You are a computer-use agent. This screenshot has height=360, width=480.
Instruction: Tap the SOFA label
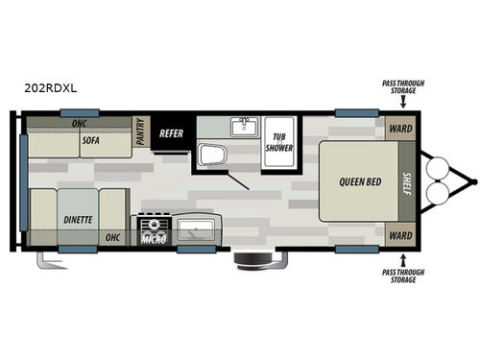coord(91,139)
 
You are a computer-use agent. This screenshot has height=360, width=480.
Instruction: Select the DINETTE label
coord(78,218)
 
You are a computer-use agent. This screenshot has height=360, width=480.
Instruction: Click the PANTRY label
coord(140,132)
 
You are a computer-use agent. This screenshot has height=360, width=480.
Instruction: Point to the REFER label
coord(171,132)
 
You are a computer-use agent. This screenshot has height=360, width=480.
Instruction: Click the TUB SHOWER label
coord(280,142)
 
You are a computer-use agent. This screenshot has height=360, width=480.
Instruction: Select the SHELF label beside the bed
coord(406,181)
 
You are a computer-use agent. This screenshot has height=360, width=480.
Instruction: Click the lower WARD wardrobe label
coord(400,235)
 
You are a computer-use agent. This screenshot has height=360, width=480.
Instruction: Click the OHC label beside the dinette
coord(112,237)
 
